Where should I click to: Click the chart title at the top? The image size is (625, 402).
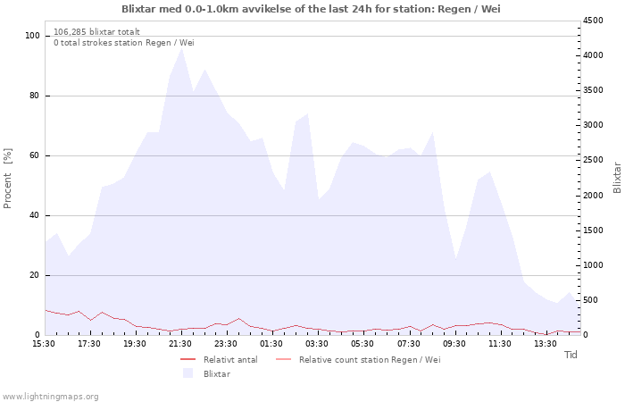[311, 8]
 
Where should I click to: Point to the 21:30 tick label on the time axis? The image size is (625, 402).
[180, 344]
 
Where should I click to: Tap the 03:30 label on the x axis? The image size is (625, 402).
[317, 344]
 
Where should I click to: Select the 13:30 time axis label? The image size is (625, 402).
[546, 344]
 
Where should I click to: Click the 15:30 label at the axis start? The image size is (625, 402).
[44, 344]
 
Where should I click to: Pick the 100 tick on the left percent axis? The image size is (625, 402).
[32, 36]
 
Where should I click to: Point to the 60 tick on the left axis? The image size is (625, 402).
[35, 155]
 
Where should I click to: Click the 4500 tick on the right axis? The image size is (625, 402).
[593, 21]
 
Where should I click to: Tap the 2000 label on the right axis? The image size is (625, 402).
[593, 196]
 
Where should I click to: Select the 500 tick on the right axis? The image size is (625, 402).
[590, 300]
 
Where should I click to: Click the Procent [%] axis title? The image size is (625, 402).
[7, 179]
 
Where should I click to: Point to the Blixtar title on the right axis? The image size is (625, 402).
[617, 178]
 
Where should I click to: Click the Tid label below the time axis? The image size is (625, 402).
[571, 355]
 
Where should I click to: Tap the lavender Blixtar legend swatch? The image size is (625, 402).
[187, 373]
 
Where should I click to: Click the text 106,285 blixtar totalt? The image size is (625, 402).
[96, 32]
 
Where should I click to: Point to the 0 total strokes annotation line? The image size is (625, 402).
[124, 43]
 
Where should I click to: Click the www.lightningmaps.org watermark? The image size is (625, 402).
[50, 397]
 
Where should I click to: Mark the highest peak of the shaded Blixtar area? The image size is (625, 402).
[182, 47]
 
